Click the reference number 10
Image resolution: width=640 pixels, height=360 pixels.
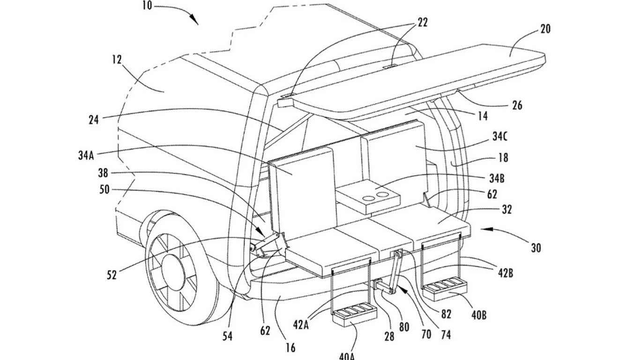pos(147,5)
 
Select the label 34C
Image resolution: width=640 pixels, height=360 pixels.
pos(500,137)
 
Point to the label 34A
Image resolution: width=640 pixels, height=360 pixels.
pos(86,156)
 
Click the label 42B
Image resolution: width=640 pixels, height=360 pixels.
pos(506,273)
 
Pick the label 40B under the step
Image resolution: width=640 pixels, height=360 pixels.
pos(479,315)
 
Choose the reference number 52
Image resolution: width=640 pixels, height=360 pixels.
pos(112,275)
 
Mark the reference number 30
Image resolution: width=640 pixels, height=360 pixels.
pos(536,247)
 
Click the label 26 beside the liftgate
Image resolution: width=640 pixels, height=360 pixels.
pos(517,105)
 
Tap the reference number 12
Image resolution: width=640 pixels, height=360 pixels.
pos(117,60)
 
